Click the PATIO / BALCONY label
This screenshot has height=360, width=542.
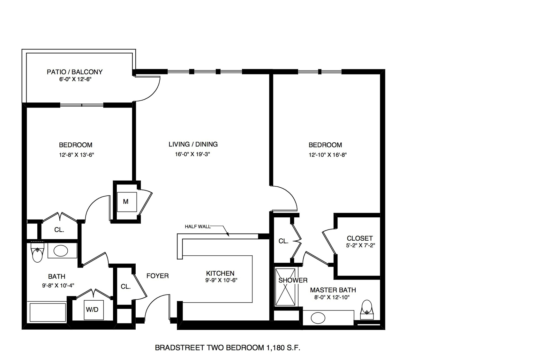click(74, 72)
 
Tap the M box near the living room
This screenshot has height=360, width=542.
click(127, 202)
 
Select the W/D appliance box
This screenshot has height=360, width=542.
click(94, 310)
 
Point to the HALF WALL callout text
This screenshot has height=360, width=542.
click(198, 227)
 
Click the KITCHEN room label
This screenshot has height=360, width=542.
click(220, 274)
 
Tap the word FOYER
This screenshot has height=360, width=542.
click(157, 276)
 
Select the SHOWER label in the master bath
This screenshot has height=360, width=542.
click(293, 280)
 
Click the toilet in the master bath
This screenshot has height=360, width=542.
click(366, 310)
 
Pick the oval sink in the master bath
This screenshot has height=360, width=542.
click(318, 318)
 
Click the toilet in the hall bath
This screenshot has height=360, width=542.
click(37, 252)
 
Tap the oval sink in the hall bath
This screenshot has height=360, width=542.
click(61, 251)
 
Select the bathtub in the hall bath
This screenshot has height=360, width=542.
click(48, 312)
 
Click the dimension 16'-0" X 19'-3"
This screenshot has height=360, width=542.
click(192, 154)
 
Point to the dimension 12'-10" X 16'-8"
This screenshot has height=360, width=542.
click(327, 154)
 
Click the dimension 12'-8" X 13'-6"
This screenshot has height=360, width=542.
click(77, 155)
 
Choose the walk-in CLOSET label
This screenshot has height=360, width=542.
click(360, 238)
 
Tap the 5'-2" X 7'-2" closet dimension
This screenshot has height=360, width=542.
click(360, 245)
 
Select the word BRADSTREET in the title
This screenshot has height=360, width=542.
click(179, 348)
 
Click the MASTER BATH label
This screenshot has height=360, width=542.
click(333, 290)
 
